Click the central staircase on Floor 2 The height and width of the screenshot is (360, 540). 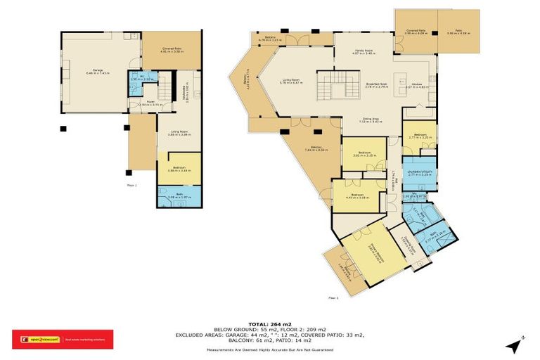pos(328,86)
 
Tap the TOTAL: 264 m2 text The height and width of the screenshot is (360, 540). pos(269,325)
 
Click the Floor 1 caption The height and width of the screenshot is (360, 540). pos(131,186)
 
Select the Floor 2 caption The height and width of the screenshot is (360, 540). pos(333,299)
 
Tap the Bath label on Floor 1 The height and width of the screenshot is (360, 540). pos(179,196)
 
